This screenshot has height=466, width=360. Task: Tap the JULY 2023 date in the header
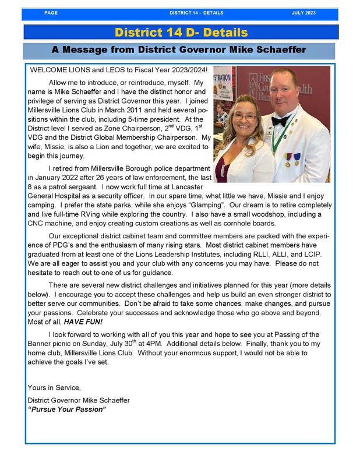[304, 12]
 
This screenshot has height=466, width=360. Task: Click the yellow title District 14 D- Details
[181, 33]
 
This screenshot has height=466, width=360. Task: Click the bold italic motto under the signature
[67, 409]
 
